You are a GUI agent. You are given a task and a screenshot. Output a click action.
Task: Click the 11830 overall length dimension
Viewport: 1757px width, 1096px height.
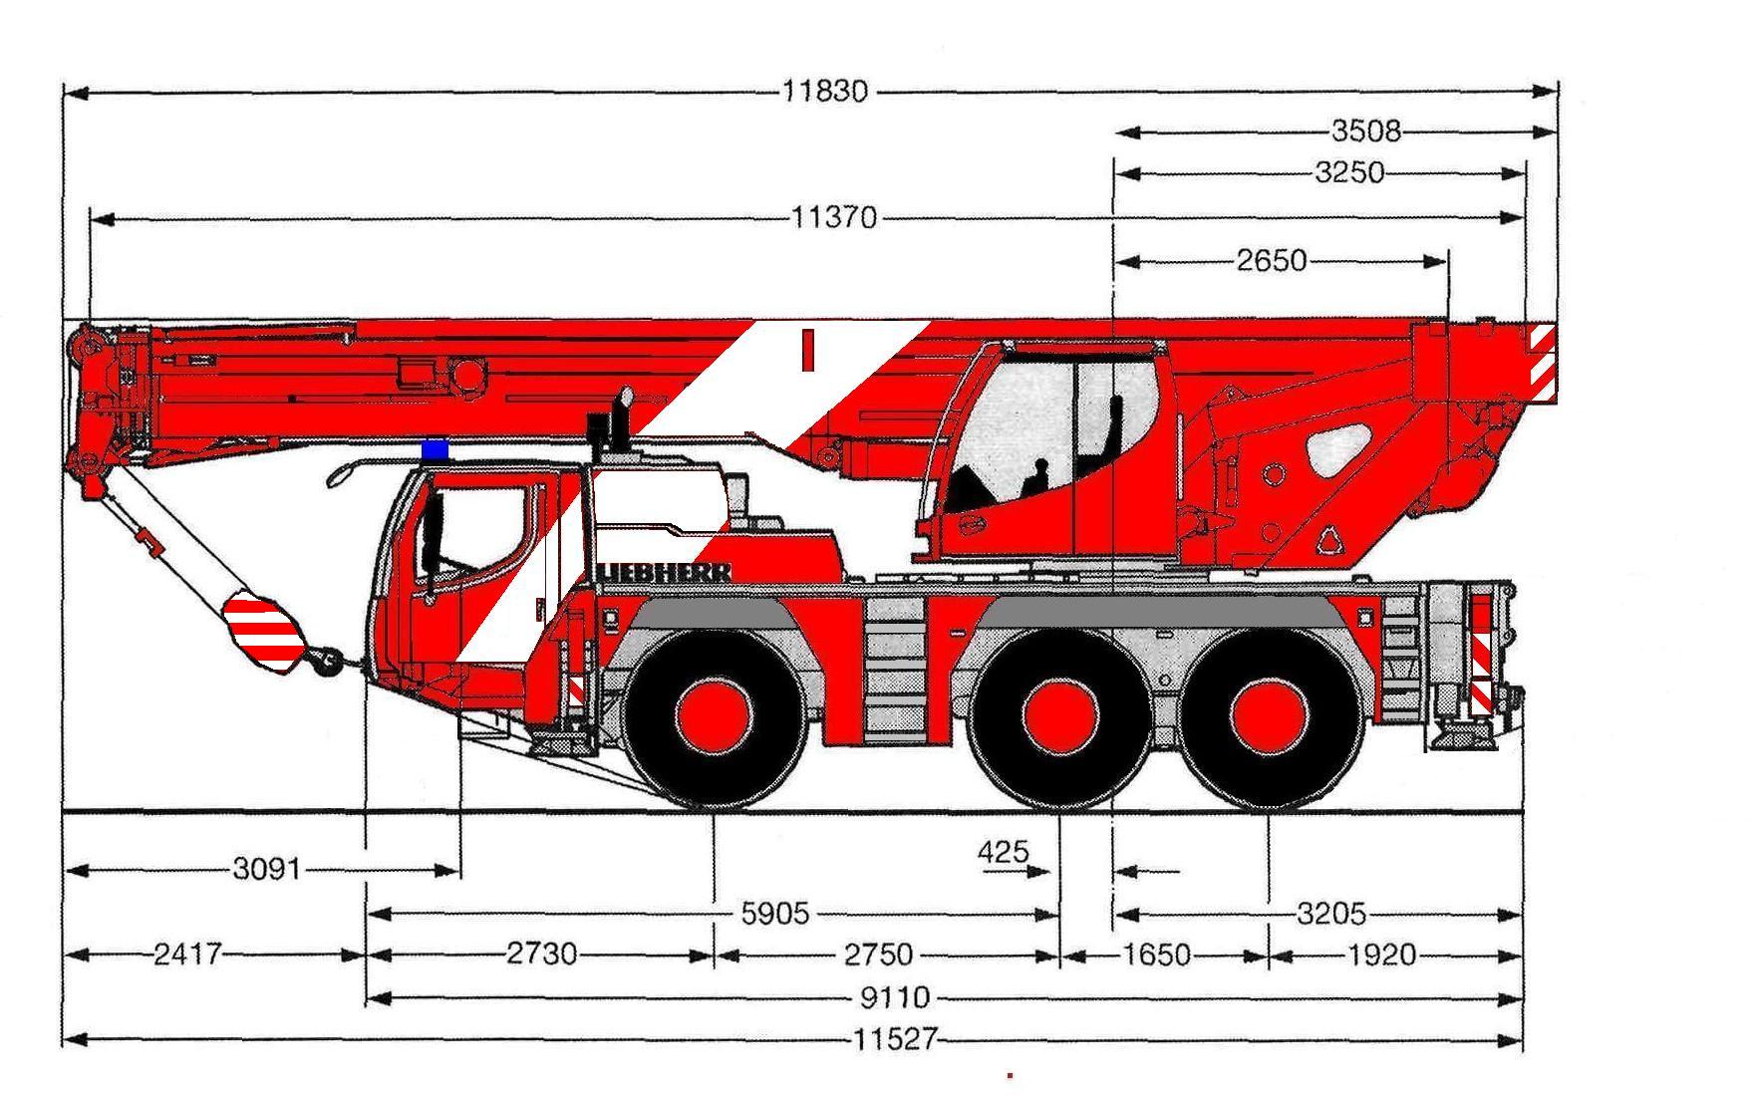pyautogui.click(x=825, y=92)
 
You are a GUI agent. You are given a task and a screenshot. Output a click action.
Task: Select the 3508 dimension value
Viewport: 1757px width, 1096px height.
pyautogui.click(x=1366, y=131)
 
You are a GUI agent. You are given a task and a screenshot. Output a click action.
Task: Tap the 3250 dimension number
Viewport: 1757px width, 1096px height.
pyautogui.click(x=1349, y=172)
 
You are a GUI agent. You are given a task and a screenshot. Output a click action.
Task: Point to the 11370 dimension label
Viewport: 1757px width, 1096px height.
pyautogui.click(x=835, y=217)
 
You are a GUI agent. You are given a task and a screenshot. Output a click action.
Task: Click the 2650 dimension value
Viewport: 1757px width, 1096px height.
pyautogui.click(x=1271, y=261)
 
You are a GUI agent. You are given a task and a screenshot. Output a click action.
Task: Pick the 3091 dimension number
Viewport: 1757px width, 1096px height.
pyautogui.click(x=266, y=869)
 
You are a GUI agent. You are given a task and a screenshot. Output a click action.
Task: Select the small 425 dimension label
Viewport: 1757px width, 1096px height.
pyautogui.click(x=1003, y=852)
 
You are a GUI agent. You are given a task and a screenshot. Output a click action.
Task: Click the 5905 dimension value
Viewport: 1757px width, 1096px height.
pyautogui.click(x=775, y=913)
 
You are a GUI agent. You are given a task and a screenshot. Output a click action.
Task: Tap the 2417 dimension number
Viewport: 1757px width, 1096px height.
pyautogui.click(x=187, y=955)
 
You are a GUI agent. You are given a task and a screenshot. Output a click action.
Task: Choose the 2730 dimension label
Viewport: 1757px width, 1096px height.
pyautogui.click(x=541, y=955)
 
